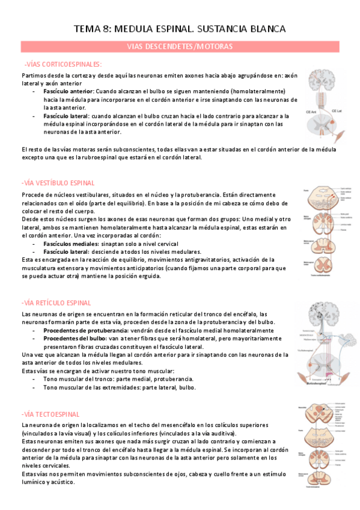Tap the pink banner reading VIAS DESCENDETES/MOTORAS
point(180,46)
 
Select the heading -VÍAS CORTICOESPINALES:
point(63,64)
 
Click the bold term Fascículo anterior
point(65,91)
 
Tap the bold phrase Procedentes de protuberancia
point(85,330)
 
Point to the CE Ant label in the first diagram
point(312,111)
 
